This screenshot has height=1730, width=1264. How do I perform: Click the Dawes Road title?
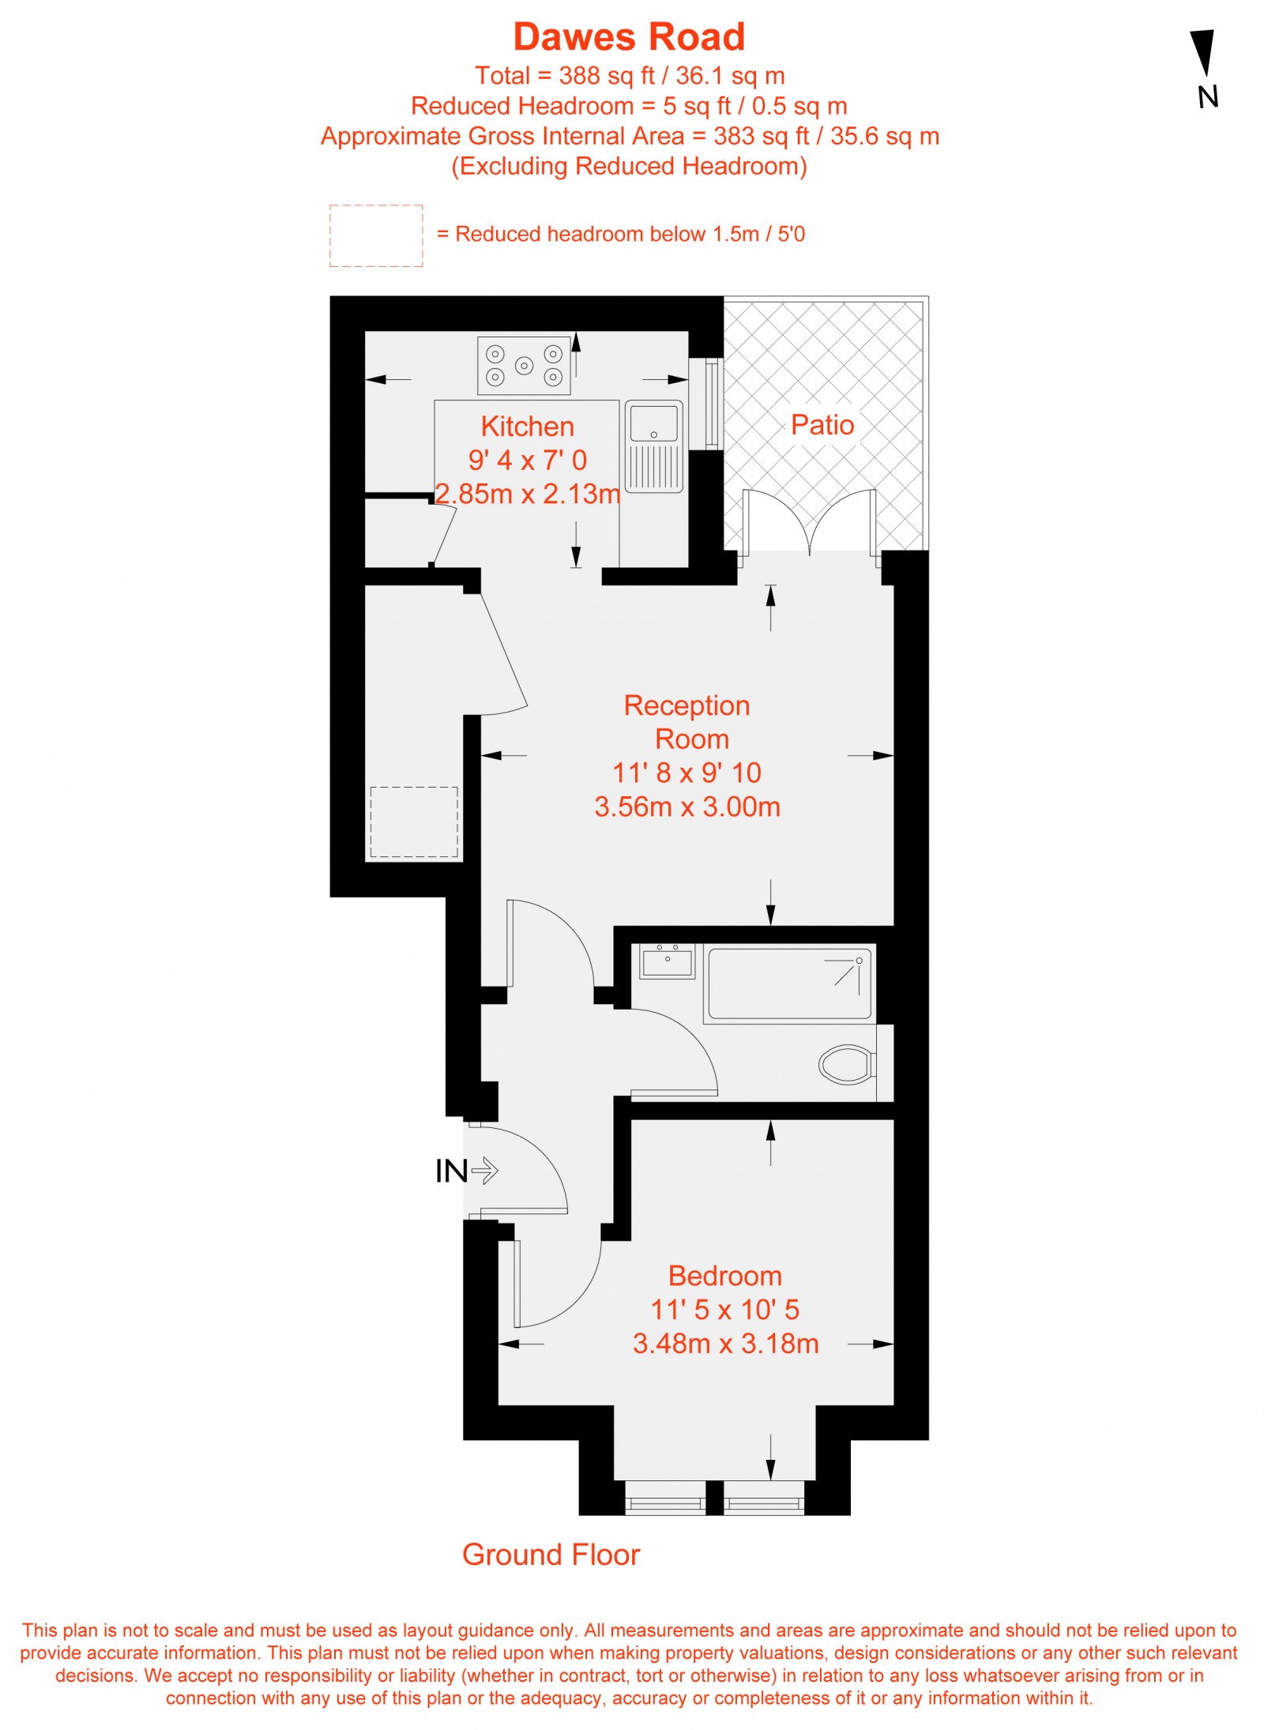[x=629, y=36]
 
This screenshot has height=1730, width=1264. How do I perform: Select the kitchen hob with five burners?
[x=524, y=366]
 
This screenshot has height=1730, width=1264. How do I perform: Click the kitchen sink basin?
[x=653, y=423]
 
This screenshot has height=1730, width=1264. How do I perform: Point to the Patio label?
[x=822, y=425]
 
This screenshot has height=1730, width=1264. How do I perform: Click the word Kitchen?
[x=528, y=427]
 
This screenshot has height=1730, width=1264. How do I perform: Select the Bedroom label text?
[x=725, y=1276]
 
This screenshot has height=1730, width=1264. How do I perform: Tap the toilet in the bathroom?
[x=847, y=1064]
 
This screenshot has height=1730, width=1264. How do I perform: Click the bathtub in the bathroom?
[x=789, y=983]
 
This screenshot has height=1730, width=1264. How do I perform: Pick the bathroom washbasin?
[x=668, y=961]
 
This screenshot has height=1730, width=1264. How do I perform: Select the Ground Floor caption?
[x=551, y=1555]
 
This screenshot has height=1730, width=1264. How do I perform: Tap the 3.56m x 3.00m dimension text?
[x=687, y=807]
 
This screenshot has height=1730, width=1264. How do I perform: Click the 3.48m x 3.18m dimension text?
[x=725, y=1344]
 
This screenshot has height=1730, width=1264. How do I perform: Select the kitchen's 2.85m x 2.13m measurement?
[x=528, y=494]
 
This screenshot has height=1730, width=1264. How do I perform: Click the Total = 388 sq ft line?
[x=630, y=76]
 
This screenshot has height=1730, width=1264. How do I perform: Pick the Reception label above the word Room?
[x=687, y=705]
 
